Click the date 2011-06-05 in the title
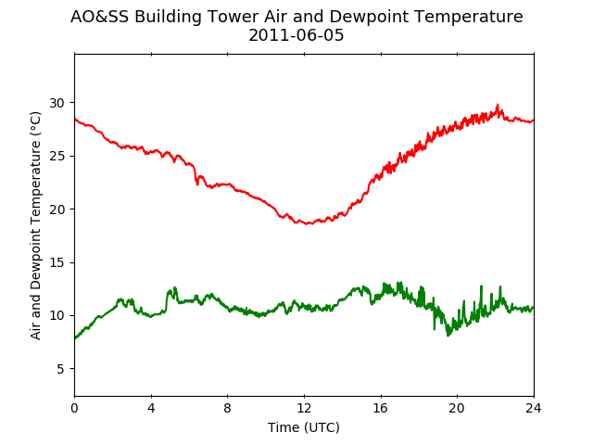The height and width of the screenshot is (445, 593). click(x=296, y=35)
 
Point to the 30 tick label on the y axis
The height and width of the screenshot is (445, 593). click(x=57, y=103)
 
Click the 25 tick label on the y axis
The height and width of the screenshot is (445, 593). click(x=57, y=157)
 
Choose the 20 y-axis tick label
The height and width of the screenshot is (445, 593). click(x=57, y=210)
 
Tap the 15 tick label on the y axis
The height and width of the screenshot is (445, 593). click(x=57, y=262)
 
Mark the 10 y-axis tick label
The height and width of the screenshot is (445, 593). click(x=57, y=315)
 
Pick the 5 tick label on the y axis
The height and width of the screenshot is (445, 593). click(x=60, y=369)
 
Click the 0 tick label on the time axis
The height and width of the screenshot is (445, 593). click(x=74, y=408)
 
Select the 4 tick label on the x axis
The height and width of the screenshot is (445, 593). click(x=151, y=408)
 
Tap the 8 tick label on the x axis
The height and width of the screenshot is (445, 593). click(x=228, y=408)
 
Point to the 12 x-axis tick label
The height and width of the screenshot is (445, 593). click(x=305, y=408)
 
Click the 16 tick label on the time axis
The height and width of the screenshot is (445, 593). click(x=381, y=408)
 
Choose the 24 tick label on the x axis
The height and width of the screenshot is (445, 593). click(x=534, y=408)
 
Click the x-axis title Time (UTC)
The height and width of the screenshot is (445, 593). click(x=304, y=427)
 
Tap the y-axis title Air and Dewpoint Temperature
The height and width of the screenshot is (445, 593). click(x=35, y=225)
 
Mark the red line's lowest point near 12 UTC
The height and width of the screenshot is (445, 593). click(x=309, y=224)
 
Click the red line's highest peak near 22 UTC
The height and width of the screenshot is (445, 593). click(x=498, y=105)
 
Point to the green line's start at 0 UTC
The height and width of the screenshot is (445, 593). click(x=75, y=338)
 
